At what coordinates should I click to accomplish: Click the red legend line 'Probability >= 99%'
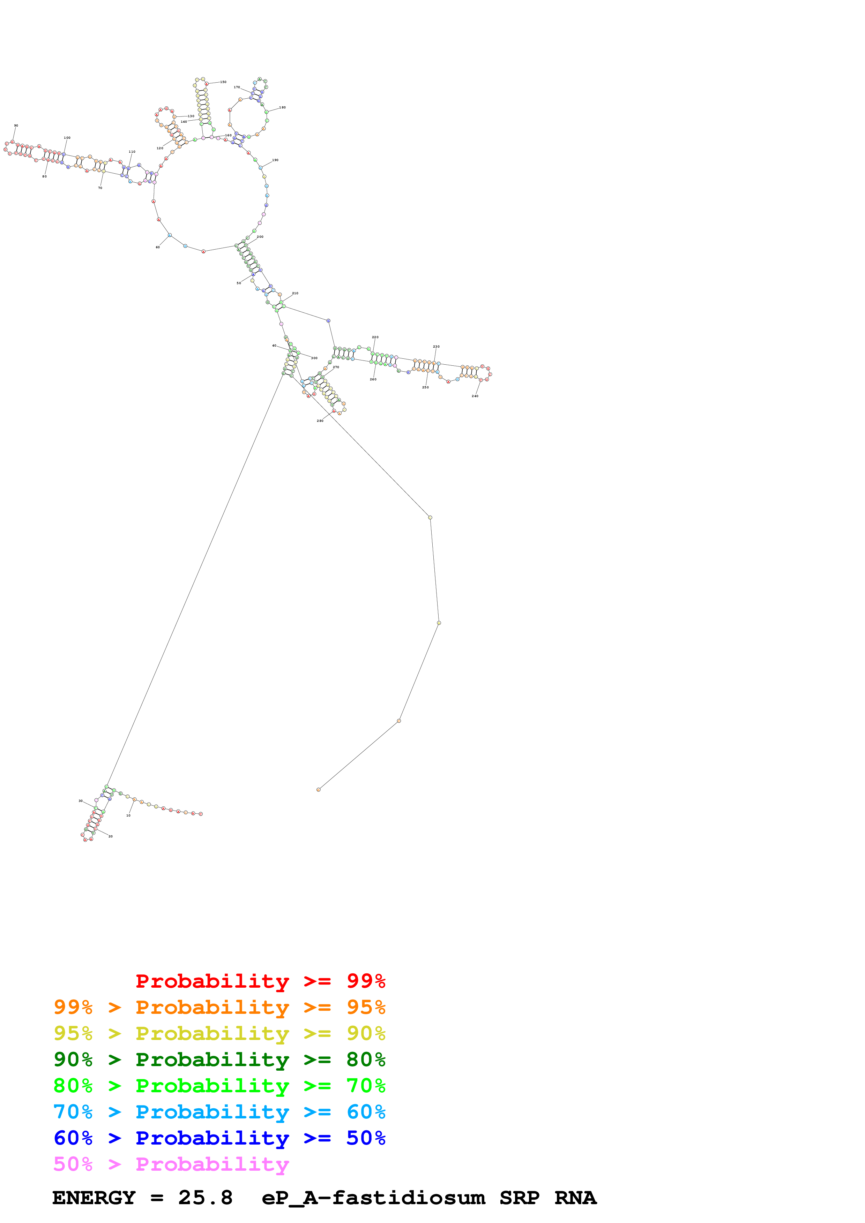click(x=260, y=981)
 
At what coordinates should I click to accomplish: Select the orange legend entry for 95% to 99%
click(x=219, y=1007)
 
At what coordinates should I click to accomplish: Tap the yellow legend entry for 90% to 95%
click(x=219, y=1033)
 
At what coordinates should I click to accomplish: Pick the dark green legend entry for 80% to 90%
click(x=219, y=1059)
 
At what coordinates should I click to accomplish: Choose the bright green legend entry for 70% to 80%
click(x=219, y=1086)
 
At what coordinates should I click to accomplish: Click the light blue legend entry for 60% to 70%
click(x=219, y=1112)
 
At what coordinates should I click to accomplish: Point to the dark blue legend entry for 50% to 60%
click(x=219, y=1138)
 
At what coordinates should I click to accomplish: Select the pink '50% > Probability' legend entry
click(x=171, y=1164)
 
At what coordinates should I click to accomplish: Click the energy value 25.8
click(x=205, y=1198)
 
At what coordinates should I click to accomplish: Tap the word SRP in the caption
click(x=519, y=1198)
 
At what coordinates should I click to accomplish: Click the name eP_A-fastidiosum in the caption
click(x=373, y=1198)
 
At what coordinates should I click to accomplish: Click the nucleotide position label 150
click(x=223, y=82)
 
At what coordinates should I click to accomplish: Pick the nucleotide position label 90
click(x=16, y=126)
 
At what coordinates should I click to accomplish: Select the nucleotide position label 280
click(x=320, y=421)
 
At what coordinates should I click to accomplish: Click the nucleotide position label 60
click(x=158, y=247)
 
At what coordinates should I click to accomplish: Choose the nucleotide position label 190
click(x=275, y=160)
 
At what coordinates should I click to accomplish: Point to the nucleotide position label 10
click(x=128, y=815)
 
